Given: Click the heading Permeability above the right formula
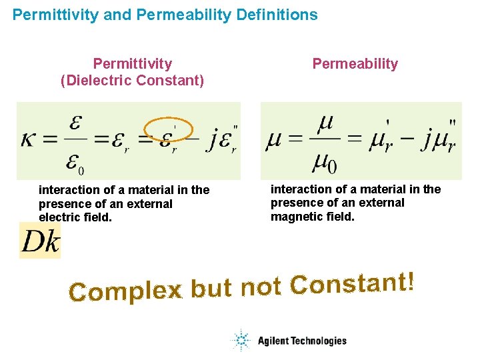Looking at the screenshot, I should pyautogui.click(x=355, y=64).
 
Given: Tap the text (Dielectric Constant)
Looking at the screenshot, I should pyautogui.click(x=132, y=81).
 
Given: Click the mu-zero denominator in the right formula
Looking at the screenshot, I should pyautogui.click(x=327, y=162).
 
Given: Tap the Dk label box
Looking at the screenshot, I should pyautogui.click(x=40, y=241).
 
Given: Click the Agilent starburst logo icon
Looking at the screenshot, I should pyautogui.click(x=240, y=341).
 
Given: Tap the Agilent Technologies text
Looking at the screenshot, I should pyautogui.click(x=302, y=341).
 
